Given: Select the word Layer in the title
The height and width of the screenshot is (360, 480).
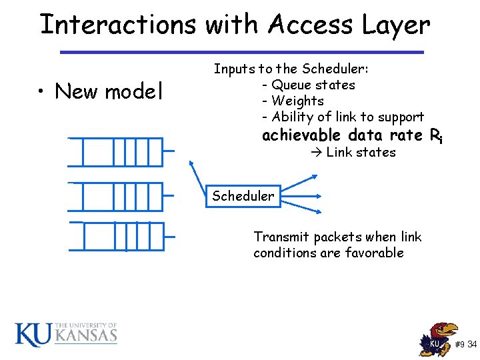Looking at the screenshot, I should pyautogui.click(x=397, y=25).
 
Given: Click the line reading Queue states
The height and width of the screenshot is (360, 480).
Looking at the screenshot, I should pyautogui.click(x=313, y=85).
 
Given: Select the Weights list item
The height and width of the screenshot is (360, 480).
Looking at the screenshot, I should pyautogui.click(x=297, y=101).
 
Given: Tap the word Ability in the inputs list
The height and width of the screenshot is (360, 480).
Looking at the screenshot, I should pyautogui.click(x=293, y=117).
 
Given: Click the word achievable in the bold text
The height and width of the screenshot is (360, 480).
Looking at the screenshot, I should pyautogui.click(x=303, y=135).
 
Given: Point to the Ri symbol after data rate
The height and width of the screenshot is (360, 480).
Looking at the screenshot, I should pyautogui.click(x=436, y=136).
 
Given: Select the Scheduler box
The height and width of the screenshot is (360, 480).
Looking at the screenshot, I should pyautogui.click(x=243, y=196).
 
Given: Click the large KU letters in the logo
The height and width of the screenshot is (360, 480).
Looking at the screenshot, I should pyautogui.click(x=33, y=334).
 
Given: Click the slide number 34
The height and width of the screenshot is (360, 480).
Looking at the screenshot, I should pyautogui.click(x=472, y=345).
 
